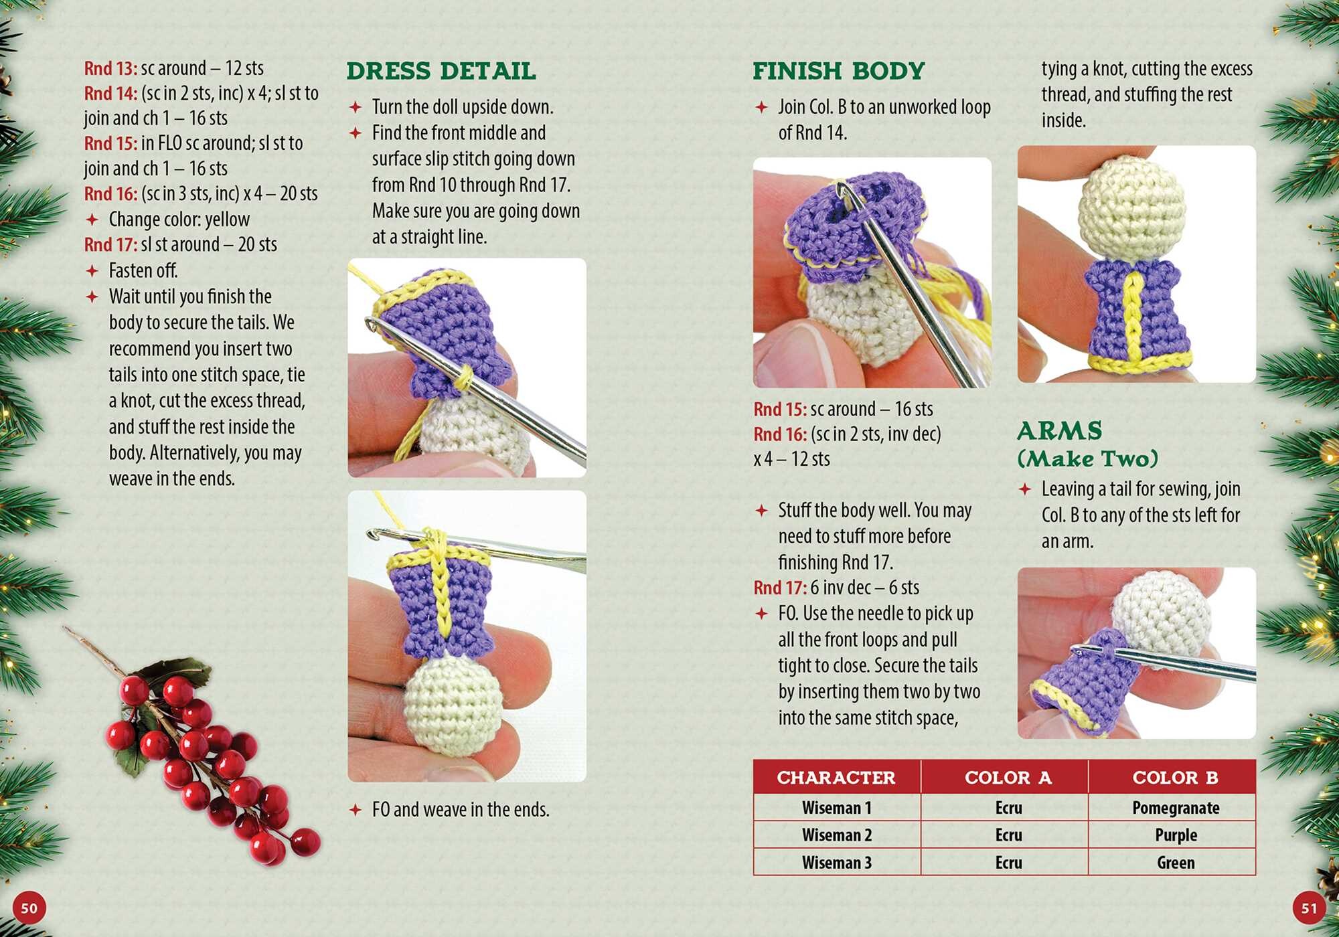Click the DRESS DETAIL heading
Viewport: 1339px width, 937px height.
click(x=441, y=71)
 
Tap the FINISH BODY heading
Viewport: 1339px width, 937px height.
click(x=838, y=71)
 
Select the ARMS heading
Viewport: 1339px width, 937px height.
click(x=1059, y=430)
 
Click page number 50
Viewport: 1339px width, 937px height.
click(x=29, y=908)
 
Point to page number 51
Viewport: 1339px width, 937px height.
click(x=1309, y=908)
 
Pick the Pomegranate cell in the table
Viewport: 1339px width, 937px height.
click(x=1176, y=808)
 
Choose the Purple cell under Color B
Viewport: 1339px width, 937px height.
click(x=1176, y=835)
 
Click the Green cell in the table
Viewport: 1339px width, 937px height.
click(x=1176, y=863)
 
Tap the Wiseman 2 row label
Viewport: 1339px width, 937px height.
click(x=837, y=835)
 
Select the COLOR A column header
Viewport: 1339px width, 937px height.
click(x=1008, y=778)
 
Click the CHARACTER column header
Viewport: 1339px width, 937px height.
click(x=836, y=778)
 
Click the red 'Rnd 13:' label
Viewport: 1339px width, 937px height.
click(x=110, y=68)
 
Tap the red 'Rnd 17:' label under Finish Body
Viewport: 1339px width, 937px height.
click(x=780, y=588)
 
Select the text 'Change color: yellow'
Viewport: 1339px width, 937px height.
click(x=179, y=220)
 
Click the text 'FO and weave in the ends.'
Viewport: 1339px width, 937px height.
click(x=461, y=810)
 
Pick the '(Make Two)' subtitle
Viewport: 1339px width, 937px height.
click(x=1088, y=459)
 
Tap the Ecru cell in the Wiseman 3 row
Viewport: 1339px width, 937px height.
click(x=1008, y=863)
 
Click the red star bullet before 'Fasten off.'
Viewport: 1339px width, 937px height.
click(x=92, y=271)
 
